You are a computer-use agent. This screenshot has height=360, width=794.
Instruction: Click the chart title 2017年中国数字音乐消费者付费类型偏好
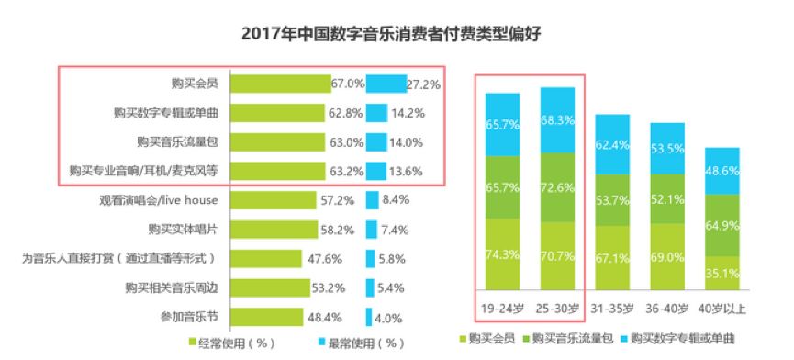pos(397,34)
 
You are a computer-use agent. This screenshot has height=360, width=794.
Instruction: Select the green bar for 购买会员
pos(280,84)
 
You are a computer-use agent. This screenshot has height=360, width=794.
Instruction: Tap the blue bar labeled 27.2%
pos(386,84)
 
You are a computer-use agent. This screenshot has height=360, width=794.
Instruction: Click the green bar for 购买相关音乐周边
pos(267,288)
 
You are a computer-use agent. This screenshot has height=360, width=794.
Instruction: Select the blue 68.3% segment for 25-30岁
pos(558,120)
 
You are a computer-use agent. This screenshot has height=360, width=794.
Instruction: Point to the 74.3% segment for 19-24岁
pos(503,253)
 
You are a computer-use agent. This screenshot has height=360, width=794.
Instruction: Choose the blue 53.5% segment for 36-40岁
pos(667,151)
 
